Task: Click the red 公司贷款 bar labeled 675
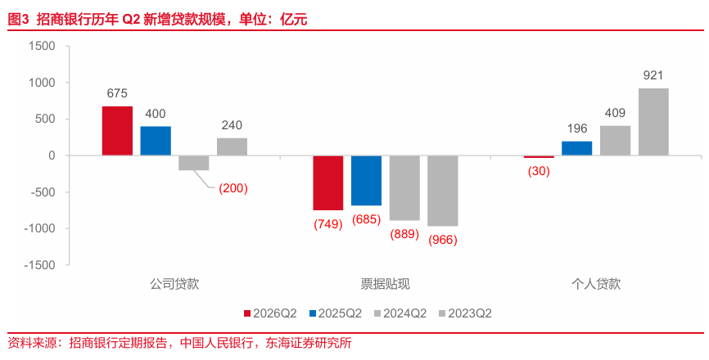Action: coord(117,131)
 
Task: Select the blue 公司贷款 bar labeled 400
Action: coord(156,141)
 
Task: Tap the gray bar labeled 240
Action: coord(232,146)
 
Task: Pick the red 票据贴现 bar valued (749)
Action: coord(328,183)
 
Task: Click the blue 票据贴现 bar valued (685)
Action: coord(366,181)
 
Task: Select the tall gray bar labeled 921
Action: coord(653,122)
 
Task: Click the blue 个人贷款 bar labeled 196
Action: coord(577,148)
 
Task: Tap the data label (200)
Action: coord(233,188)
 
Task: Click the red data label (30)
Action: coord(539,171)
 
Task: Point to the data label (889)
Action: coord(404,234)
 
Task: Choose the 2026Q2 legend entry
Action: coord(270,313)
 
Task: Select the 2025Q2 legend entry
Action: coord(336,313)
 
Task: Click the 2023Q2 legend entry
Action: coord(465,313)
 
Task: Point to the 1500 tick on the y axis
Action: coord(42,46)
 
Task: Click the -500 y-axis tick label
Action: coord(40,192)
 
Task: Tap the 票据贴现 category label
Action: coord(386,284)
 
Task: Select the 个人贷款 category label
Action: coord(596,284)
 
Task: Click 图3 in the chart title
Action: coord(19,20)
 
